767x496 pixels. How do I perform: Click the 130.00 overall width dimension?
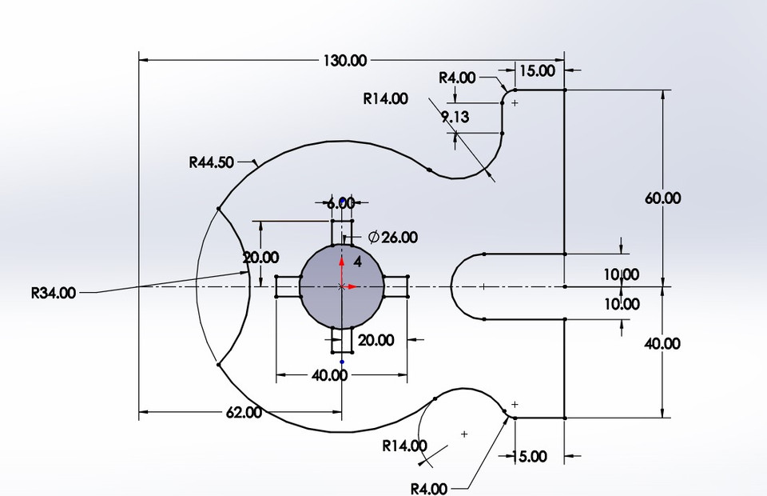click(x=345, y=60)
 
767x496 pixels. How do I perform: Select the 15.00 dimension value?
click(x=536, y=70)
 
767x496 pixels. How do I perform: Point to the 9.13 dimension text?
click(x=455, y=117)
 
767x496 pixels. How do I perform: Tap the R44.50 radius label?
click(x=212, y=162)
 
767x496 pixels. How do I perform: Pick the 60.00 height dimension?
click(x=662, y=198)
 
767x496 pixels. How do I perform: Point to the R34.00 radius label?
click(x=54, y=293)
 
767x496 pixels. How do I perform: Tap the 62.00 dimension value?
click(x=244, y=413)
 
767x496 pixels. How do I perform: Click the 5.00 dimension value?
click(x=533, y=457)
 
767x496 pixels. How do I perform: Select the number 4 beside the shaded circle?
click(x=357, y=262)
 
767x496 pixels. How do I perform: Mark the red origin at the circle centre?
click(x=342, y=286)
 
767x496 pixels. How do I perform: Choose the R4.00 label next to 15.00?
click(x=457, y=78)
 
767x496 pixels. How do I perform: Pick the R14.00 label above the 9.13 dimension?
click(x=385, y=99)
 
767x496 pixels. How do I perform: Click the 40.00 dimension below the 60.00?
click(x=662, y=343)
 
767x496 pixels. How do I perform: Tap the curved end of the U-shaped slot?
click(x=452, y=286)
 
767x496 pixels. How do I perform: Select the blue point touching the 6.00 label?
click(x=343, y=200)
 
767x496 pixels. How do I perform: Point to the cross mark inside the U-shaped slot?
click(x=484, y=286)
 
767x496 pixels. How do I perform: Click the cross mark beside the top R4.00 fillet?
click(x=515, y=103)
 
